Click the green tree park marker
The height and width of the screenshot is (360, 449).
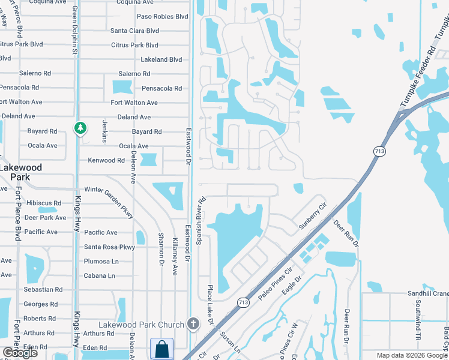80,128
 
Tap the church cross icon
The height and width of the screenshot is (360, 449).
193,324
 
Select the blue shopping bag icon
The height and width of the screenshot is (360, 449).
161,349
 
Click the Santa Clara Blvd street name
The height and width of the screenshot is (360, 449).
134,31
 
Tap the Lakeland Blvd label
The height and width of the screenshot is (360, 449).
161,60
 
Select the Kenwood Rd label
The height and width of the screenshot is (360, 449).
106,160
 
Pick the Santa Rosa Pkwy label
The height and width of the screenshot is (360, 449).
109,247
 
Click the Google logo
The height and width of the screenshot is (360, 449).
20,353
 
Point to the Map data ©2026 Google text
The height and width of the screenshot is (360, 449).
412,355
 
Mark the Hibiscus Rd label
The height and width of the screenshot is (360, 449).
41,203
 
